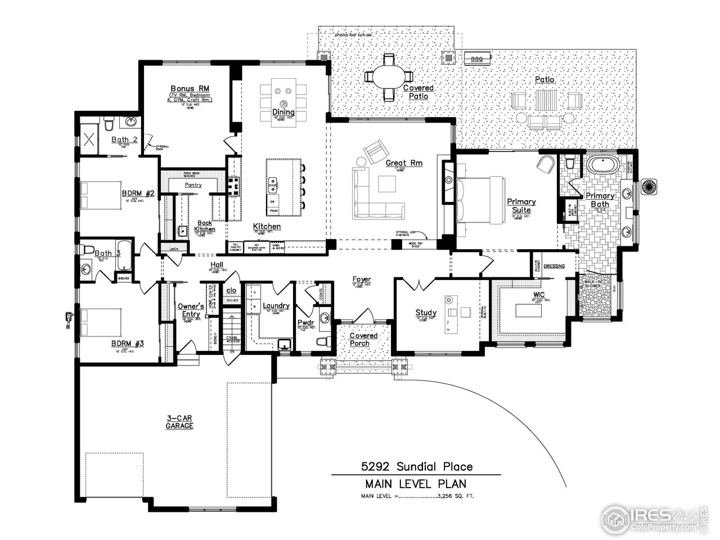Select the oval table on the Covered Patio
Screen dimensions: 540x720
pyautogui.click(x=388, y=76)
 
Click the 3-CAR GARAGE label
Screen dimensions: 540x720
pyautogui.click(x=179, y=422)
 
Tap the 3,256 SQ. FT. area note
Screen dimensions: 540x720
pyautogui.click(x=454, y=496)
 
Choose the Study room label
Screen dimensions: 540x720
pyautogui.click(x=426, y=313)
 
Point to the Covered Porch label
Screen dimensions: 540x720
pyautogui.click(x=363, y=339)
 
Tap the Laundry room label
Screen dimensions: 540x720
pyautogui.click(x=276, y=306)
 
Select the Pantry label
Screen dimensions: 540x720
pyautogui.click(x=193, y=184)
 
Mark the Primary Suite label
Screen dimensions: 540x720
pyautogui.click(x=521, y=205)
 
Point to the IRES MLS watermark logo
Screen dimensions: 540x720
pyautogui.click(x=652, y=516)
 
